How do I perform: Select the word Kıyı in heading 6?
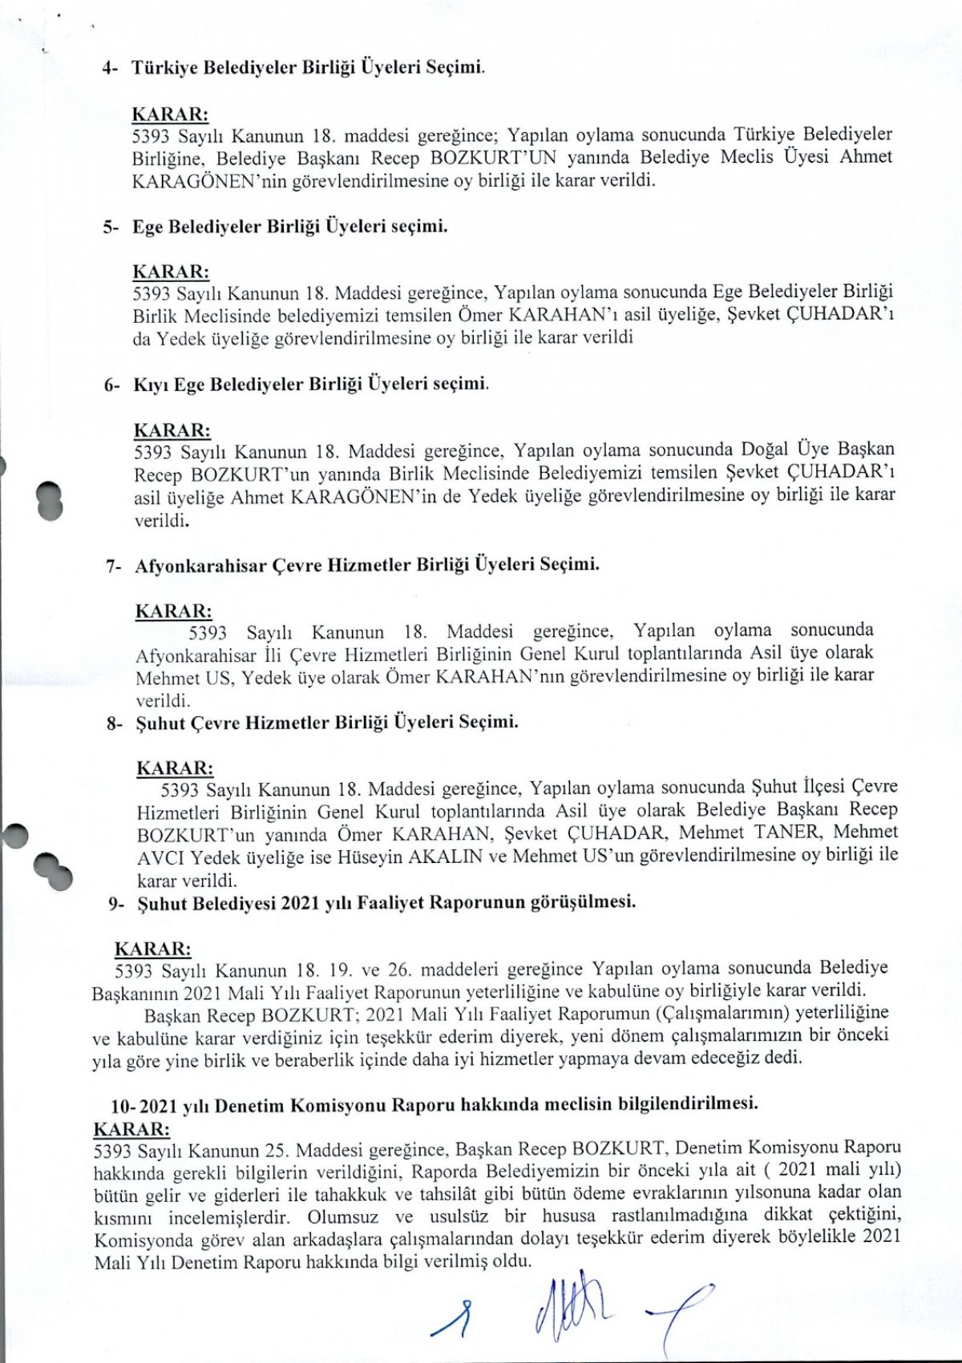coord(150,385)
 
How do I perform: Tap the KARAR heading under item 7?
coord(173,611)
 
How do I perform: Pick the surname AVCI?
coord(160,857)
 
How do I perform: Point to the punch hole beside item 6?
coord(50,500)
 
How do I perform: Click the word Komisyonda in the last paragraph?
coord(143,1240)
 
